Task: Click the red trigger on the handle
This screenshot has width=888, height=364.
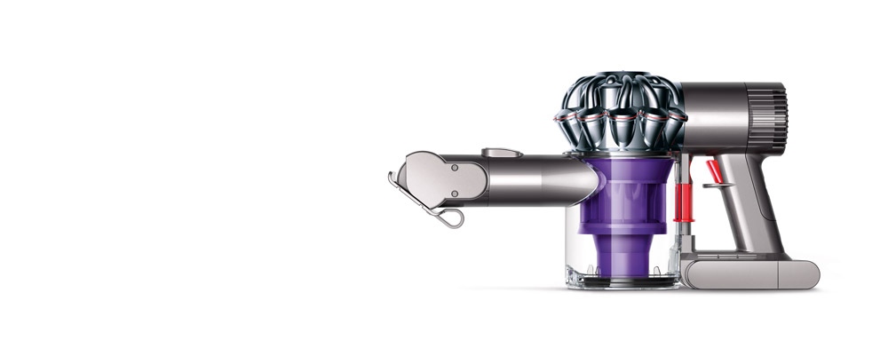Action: (714, 171)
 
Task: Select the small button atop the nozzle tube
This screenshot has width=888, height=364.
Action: (501, 153)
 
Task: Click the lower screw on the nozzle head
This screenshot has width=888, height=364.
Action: (454, 192)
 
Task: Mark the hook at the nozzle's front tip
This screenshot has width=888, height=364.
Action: (392, 180)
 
